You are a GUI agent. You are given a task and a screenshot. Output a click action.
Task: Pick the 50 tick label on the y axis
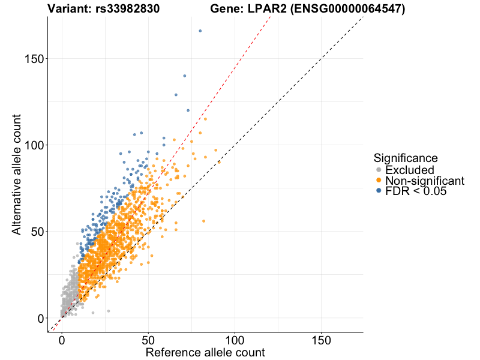[x=35, y=231]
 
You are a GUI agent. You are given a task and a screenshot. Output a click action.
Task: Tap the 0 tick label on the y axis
[x=38, y=318]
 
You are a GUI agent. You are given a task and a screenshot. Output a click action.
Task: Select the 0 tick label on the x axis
[x=62, y=339]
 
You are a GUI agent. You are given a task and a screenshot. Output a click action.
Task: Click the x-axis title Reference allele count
[x=205, y=352]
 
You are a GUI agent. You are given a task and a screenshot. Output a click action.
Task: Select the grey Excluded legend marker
[x=379, y=170]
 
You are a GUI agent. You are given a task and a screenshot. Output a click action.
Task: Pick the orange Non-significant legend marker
[x=379, y=181]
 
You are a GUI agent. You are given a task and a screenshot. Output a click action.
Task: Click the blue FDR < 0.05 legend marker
[x=379, y=191]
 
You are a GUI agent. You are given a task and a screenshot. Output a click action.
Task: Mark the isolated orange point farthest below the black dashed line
[x=203, y=221]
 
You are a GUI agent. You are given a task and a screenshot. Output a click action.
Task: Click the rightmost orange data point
[x=219, y=162]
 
